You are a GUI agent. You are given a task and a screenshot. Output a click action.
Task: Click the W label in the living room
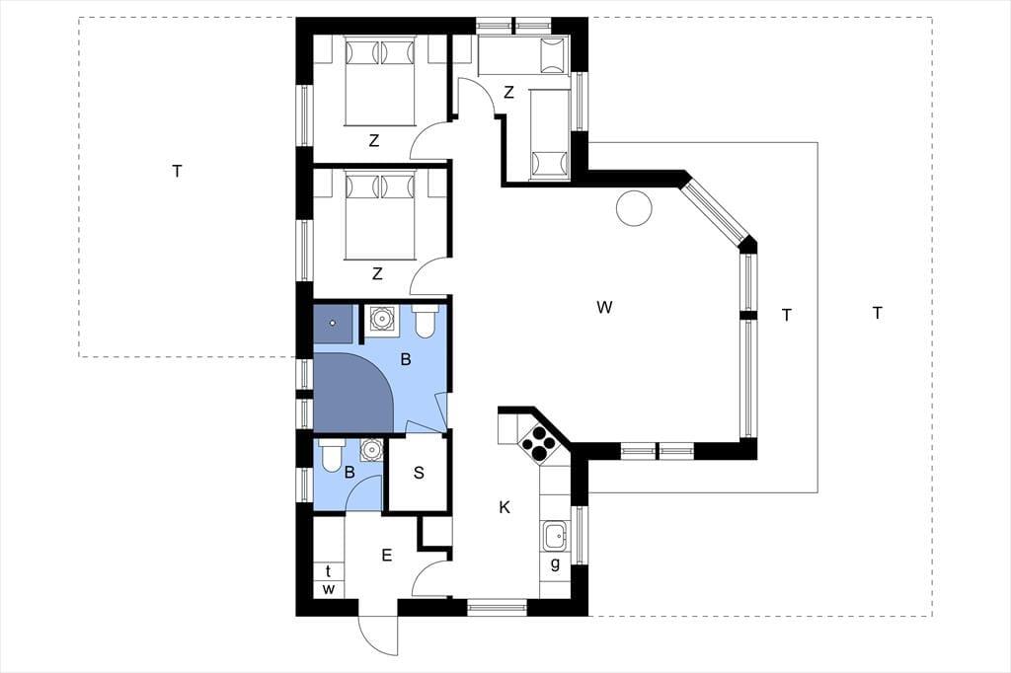pos(604,308)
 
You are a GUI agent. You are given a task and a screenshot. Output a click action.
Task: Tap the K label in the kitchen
pos(505,507)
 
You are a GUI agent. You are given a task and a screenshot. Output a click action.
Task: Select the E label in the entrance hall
pos(387,555)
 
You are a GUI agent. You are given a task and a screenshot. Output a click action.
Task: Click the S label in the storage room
pos(419,473)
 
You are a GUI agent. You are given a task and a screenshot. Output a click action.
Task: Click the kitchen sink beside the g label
pos(555,535)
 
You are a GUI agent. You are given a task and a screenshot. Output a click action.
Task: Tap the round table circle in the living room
pos(635,208)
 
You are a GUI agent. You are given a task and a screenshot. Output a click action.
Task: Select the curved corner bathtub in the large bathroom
pos(352,392)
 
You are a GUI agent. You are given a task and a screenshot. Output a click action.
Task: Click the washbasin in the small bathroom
pos(371,449)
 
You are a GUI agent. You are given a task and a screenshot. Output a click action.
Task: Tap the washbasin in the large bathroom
pos(381,319)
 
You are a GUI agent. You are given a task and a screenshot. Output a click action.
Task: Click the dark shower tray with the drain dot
pos(334,324)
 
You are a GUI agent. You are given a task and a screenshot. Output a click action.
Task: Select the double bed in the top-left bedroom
pos(379,80)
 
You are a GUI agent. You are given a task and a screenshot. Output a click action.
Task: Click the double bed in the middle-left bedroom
pos(379,215)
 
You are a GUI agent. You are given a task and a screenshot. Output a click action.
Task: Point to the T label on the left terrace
pos(178,172)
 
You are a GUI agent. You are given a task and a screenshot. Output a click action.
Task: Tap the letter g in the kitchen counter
pos(555,564)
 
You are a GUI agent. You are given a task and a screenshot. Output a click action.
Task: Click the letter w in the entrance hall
pos(329,589)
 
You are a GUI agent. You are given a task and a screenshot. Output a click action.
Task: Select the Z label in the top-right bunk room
pos(508,92)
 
